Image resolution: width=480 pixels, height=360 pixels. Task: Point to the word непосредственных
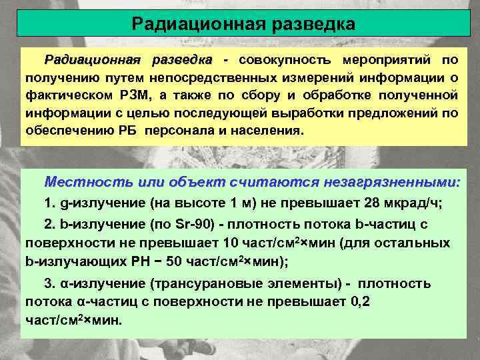tap(238, 76)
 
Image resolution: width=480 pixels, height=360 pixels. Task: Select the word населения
tap(267, 128)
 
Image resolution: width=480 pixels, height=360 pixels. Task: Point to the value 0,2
tap(361, 301)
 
